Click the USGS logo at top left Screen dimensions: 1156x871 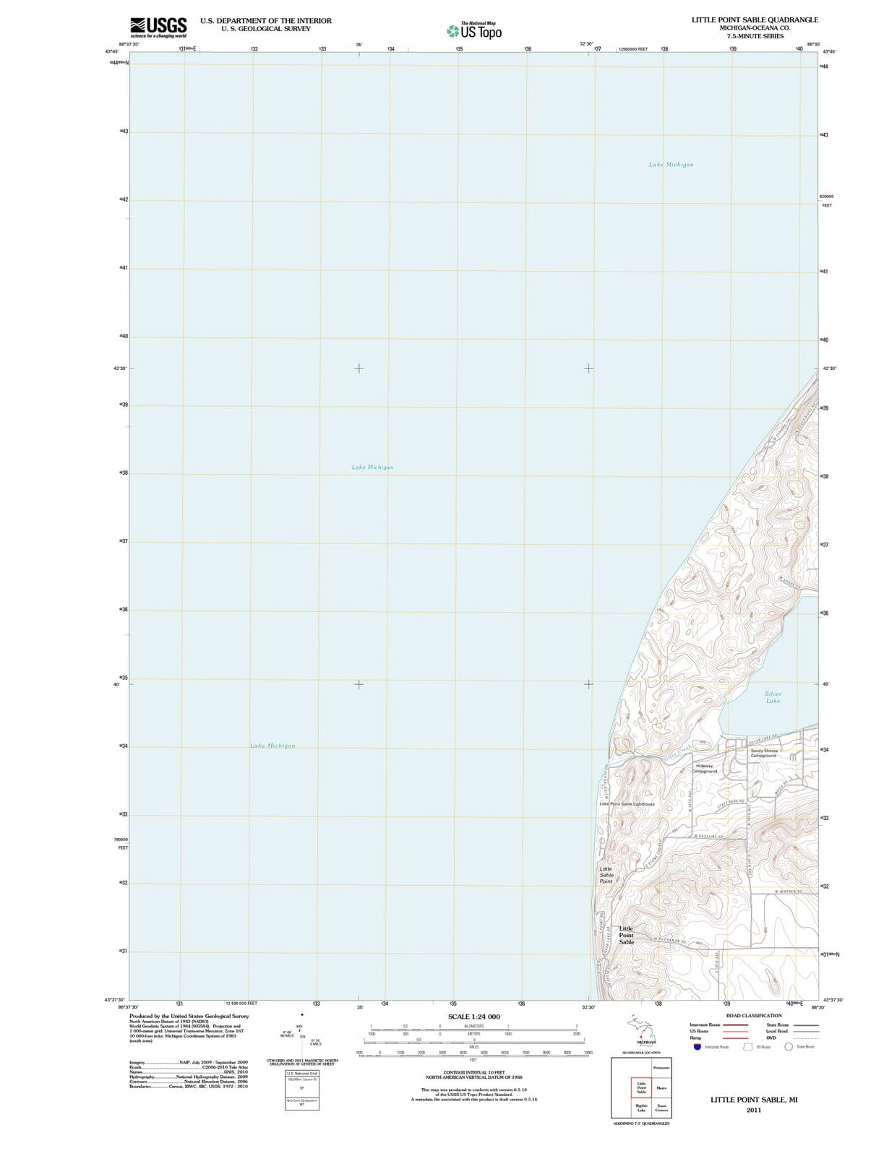(x=158, y=27)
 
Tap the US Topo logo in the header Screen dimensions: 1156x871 (x=474, y=31)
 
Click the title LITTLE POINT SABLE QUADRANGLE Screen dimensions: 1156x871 (x=755, y=20)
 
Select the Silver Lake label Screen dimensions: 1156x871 (x=773, y=697)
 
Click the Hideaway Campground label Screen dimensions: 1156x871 (x=704, y=768)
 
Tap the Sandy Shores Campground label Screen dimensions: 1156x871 (x=763, y=753)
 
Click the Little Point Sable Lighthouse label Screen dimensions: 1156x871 (x=627, y=803)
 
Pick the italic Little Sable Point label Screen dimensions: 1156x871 (x=606, y=875)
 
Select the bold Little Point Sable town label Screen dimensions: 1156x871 (x=626, y=935)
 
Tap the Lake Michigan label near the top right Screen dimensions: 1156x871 (x=671, y=165)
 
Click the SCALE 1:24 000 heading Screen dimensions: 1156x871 (x=473, y=1017)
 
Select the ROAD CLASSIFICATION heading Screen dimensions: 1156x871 (x=753, y=1015)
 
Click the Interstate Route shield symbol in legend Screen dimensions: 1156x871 (x=696, y=1046)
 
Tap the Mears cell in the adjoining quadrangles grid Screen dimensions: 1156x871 (x=661, y=1087)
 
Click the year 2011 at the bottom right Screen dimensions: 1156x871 (x=753, y=1110)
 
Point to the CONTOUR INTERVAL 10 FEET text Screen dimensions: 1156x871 (x=473, y=1072)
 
